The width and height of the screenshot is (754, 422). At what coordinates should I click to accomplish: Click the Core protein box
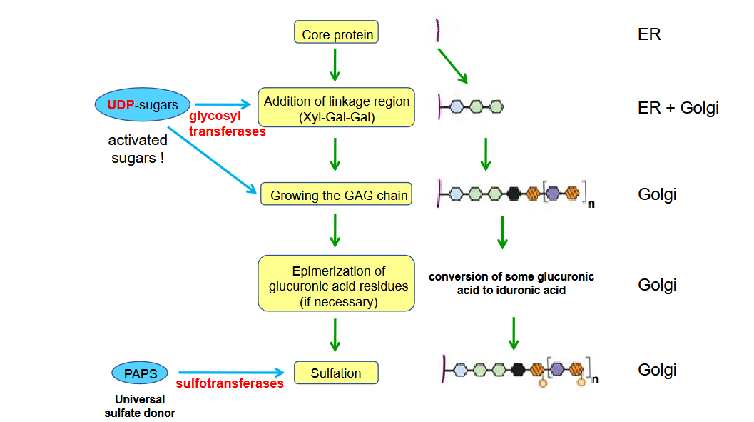pyautogui.click(x=335, y=33)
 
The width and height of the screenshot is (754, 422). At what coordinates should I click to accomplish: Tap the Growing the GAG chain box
pyautogui.click(x=336, y=194)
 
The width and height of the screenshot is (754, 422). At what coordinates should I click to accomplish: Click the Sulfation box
pyautogui.click(x=335, y=373)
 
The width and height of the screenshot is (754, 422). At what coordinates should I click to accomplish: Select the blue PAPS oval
pyautogui.click(x=140, y=373)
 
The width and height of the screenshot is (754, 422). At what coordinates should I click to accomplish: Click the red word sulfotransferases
pyautogui.click(x=230, y=383)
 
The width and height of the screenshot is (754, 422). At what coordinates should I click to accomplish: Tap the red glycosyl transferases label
pyautogui.click(x=227, y=124)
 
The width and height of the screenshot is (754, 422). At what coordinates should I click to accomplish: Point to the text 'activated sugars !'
pyautogui.click(x=138, y=149)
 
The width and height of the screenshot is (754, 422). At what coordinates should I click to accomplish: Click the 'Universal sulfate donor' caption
pyautogui.click(x=140, y=406)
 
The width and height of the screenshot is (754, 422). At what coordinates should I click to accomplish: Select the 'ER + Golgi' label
pyautogui.click(x=678, y=109)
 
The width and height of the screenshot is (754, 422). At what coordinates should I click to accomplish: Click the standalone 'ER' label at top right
pyautogui.click(x=649, y=34)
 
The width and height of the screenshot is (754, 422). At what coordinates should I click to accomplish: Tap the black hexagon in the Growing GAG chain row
pyautogui.click(x=513, y=193)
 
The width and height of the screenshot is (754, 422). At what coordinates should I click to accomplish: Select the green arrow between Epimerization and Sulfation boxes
pyautogui.click(x=335, y=335)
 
